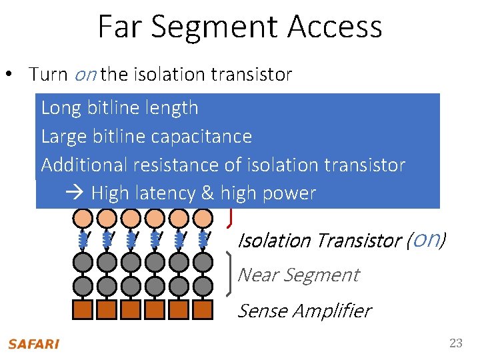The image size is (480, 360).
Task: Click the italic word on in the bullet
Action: [x=85, y=74]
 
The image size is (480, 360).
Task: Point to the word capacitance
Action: [x=209, y=137]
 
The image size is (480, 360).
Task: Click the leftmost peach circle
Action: [x=83, y=218]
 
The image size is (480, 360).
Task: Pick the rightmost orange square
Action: [x=203, y=310]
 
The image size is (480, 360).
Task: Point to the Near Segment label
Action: [x=298, y=275]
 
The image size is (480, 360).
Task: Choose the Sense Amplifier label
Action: [x=304, y=311]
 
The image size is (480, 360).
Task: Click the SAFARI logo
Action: [x=33, y=344]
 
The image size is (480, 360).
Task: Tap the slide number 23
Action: [x=456, y=343]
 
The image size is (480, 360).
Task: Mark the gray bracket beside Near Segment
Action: [x=231, y=273]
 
